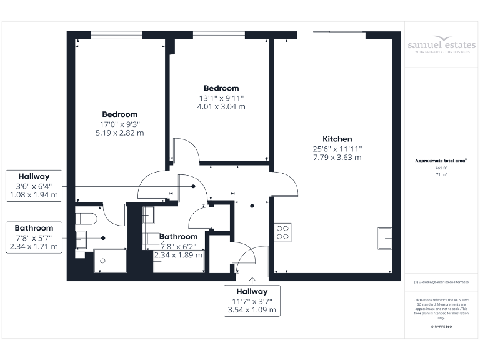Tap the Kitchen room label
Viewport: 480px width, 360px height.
click(x=337, y=139)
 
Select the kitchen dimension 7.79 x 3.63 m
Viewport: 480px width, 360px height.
click(x=337, y=157)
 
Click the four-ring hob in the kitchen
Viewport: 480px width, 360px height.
click(x=282, y=232)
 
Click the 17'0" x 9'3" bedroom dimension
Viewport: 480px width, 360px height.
click(x=119, y=124)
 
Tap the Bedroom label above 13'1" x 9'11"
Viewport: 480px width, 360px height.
click(x=221, y=88)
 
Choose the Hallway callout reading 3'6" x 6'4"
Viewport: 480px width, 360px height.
click(x=34, y=186)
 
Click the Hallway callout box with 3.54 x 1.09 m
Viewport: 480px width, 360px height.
click(x=252, y=301)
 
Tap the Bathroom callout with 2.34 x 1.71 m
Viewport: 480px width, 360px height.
click(x=34, y=237)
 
